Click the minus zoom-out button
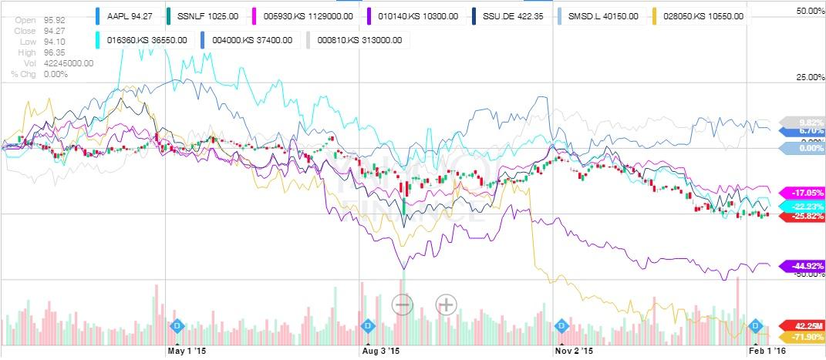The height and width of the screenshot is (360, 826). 403,304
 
